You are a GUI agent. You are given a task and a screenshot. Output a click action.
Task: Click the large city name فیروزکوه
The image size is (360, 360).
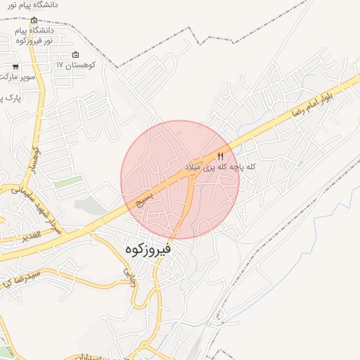point(148,248)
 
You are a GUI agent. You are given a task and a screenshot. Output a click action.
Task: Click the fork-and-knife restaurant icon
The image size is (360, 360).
point(220,156)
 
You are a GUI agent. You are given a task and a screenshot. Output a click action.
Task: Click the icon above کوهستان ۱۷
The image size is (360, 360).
point(76,56)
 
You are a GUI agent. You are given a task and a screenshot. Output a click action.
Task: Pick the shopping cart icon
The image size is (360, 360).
point(15,68)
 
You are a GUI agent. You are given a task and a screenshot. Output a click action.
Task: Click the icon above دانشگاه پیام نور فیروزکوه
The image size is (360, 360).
point(34,19)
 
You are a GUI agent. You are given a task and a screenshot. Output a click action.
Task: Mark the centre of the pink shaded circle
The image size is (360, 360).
point(180,180)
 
